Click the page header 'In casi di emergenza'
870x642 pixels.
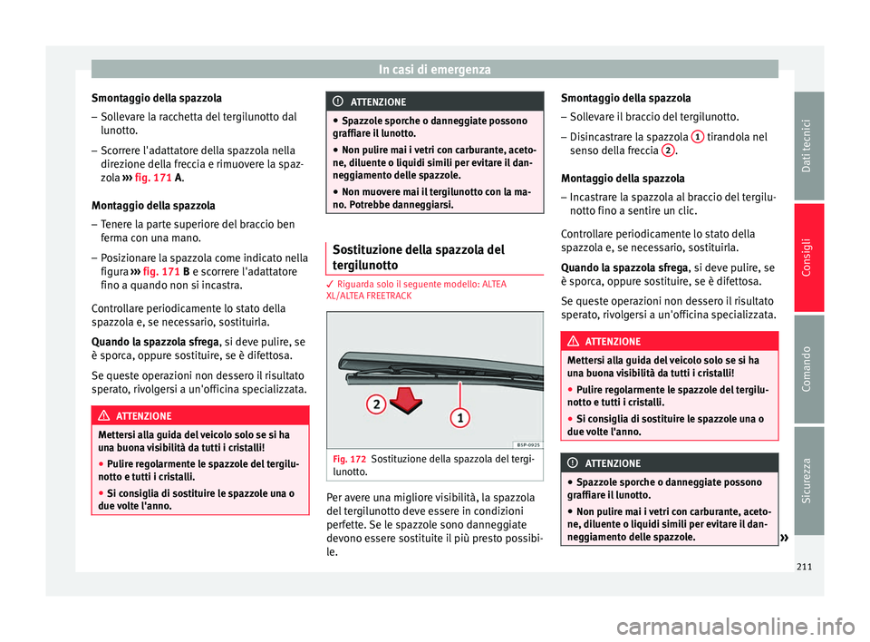click(x=435, y=68)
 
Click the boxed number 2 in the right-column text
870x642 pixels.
click(x=667, y=151)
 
